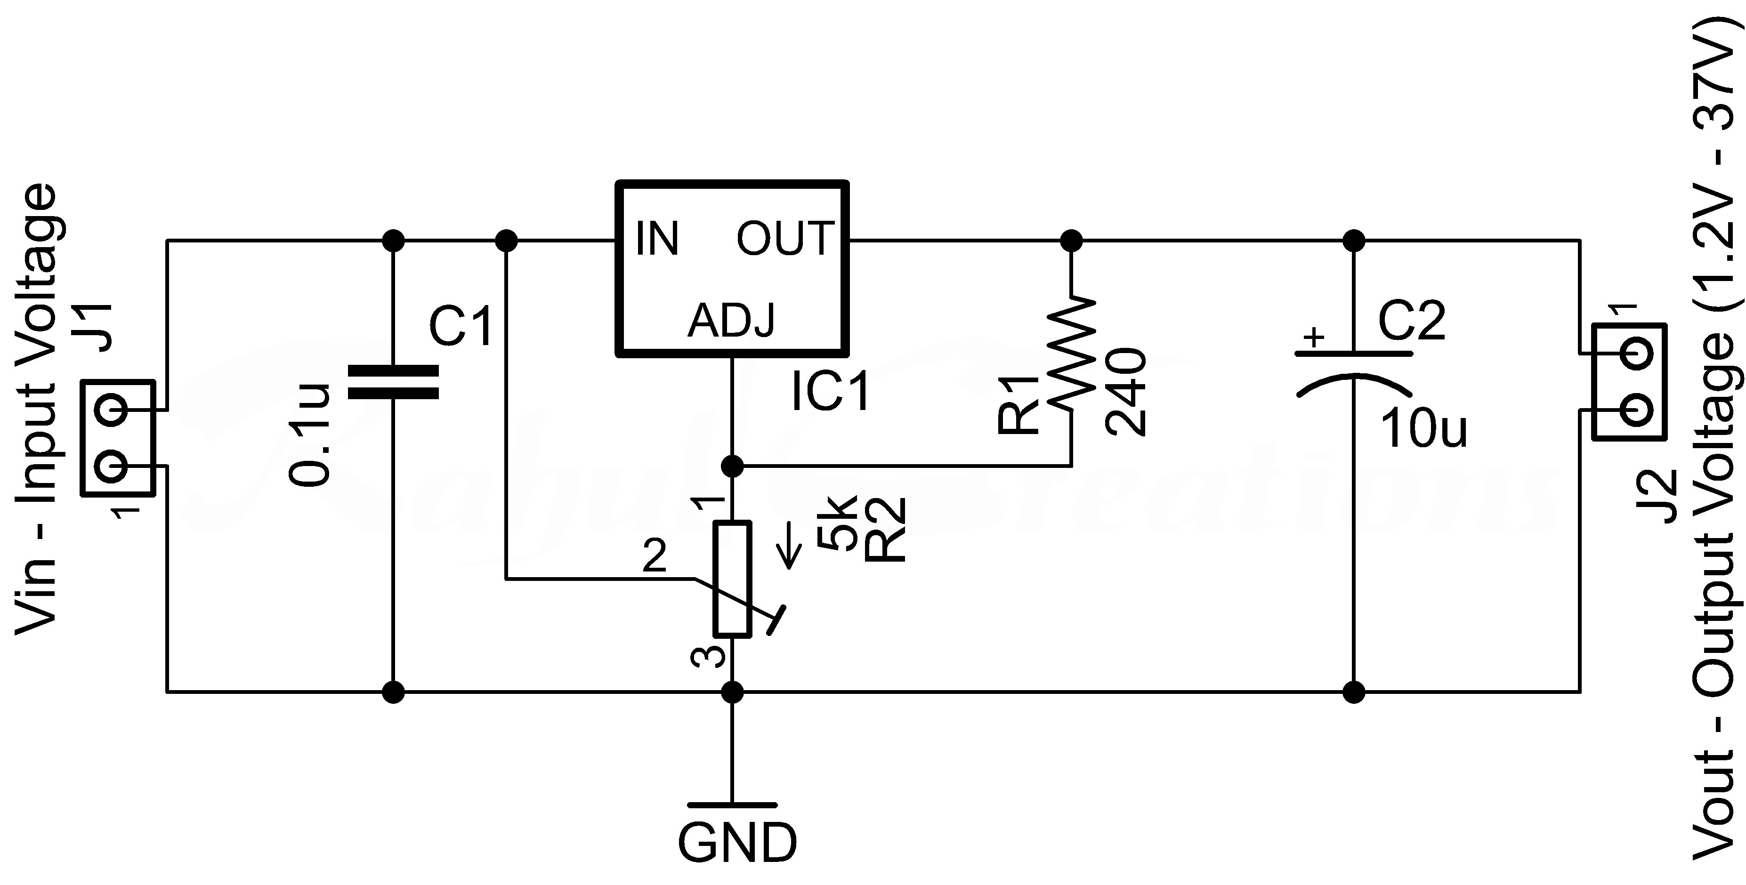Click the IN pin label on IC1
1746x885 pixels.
click(x=657, y=239)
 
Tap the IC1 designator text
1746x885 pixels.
click(x=831, y=392)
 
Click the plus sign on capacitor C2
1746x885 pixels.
click(x=1314, y=337)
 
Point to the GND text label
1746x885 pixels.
click(x=737, y=843)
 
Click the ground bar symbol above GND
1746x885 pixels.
click(x=732, y=805)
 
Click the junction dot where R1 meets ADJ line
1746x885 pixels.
click(x=732, y=466)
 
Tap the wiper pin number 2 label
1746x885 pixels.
click(x=655, y=557)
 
